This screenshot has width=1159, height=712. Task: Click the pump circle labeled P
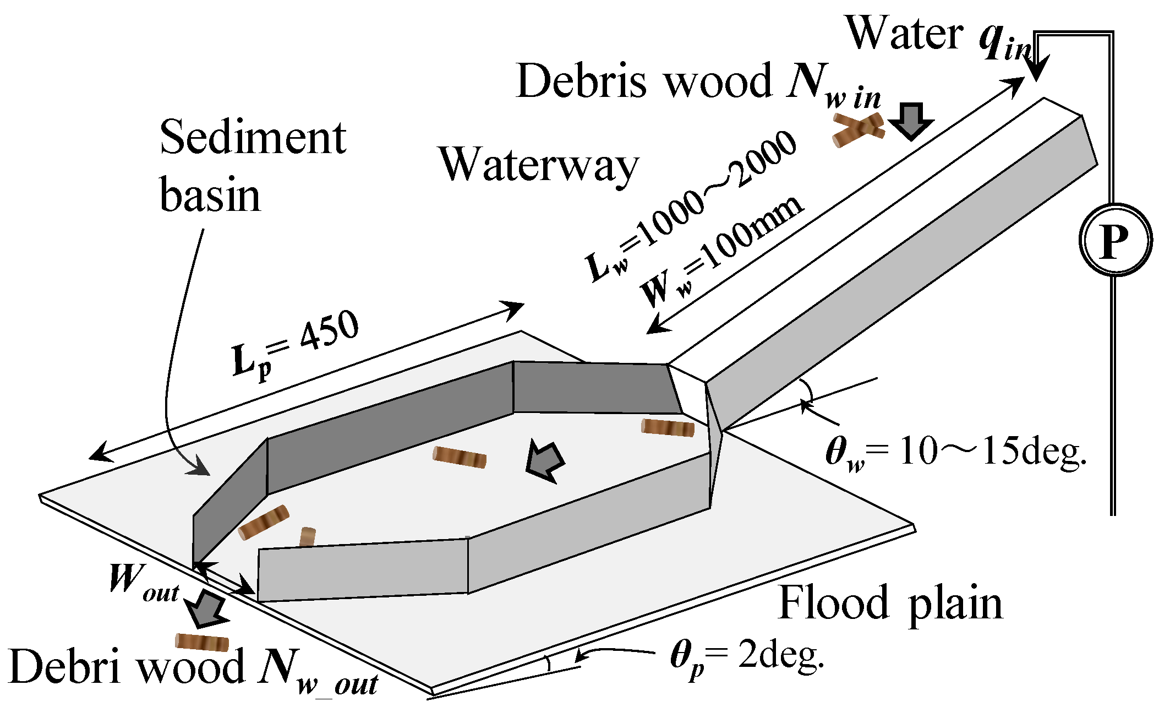click(x=1115, y=240)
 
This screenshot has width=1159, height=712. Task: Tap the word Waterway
click(x=538, y=164)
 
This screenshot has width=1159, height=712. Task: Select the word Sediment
click(x=253, y=138)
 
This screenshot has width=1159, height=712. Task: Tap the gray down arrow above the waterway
click(x=911, y=121)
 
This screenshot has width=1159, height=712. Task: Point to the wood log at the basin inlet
click(x=668, y=428)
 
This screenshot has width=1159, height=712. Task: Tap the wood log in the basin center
click(x=460, y=457)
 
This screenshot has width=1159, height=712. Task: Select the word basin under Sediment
click(x=210, y=195)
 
